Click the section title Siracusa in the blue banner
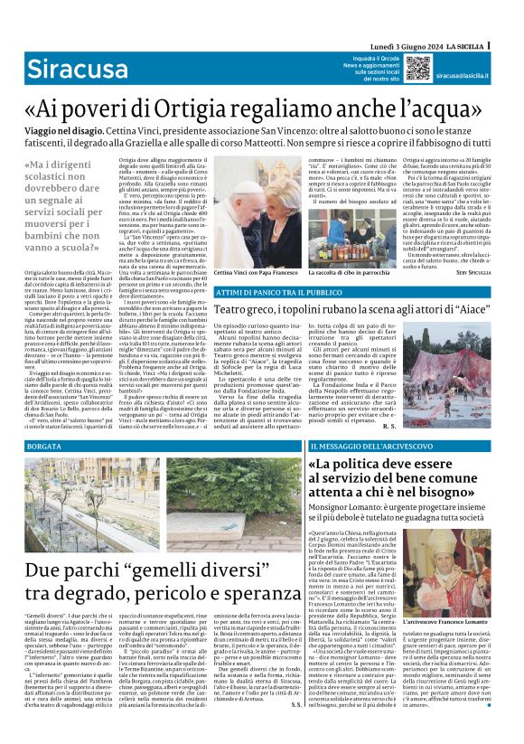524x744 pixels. pyautogui.click(x=70, y=68)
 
